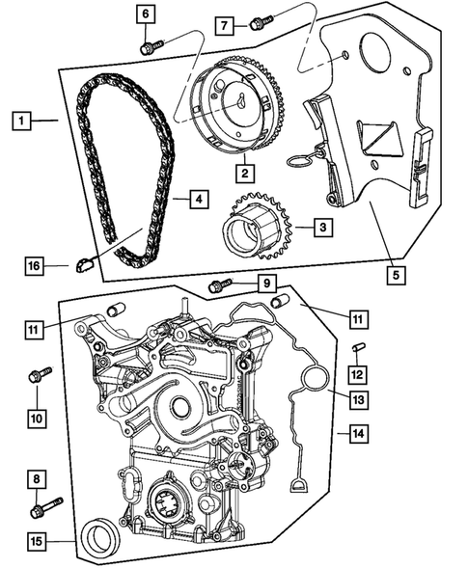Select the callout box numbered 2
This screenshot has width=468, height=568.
tap(246, 175)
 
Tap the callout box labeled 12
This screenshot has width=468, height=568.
tap(356, 373)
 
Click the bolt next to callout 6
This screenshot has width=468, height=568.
tap(148, 46)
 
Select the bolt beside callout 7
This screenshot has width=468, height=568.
tap(256, 22)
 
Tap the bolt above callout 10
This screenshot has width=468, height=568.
tap(40, 374)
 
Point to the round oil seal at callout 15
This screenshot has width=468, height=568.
tap(99, 535)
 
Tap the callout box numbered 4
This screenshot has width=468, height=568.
tap(196, 201)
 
